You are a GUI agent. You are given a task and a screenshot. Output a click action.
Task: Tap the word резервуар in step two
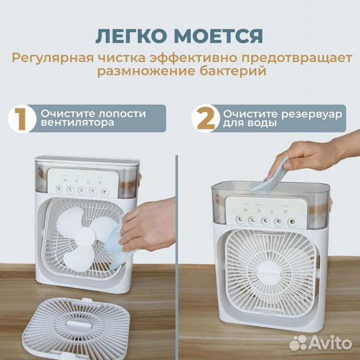(313, 114)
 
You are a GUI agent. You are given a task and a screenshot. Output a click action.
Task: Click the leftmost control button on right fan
(238, 219)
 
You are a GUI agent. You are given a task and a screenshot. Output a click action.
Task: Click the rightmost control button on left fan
(101, 189)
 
